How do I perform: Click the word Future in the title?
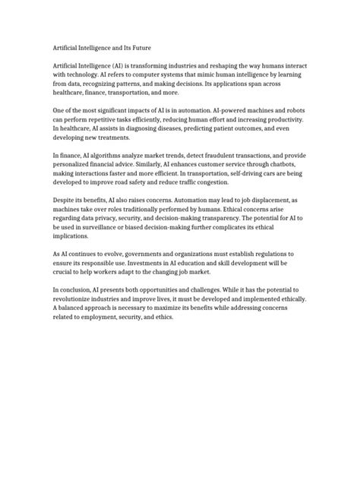(x=155, y=46)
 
